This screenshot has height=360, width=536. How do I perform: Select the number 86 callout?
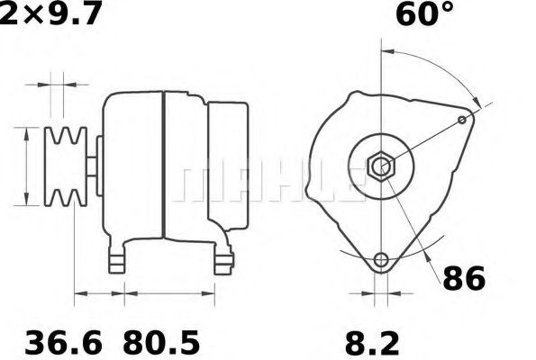(x=463, y=278)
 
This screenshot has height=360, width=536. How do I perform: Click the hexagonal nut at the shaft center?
(x=383, y=166)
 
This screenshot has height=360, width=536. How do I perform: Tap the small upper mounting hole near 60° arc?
(x=462, y=120)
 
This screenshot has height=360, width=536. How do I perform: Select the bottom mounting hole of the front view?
(x=383, y=260)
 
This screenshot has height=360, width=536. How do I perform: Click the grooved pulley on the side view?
(x=66, y=166)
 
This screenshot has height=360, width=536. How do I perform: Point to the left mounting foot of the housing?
(x=117, y=258)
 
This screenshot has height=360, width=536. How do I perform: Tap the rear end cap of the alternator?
(x=230, y=166)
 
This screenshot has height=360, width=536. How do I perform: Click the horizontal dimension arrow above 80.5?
(x=168, y=293)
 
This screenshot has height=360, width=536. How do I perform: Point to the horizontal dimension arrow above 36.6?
(x=99, y=293)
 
